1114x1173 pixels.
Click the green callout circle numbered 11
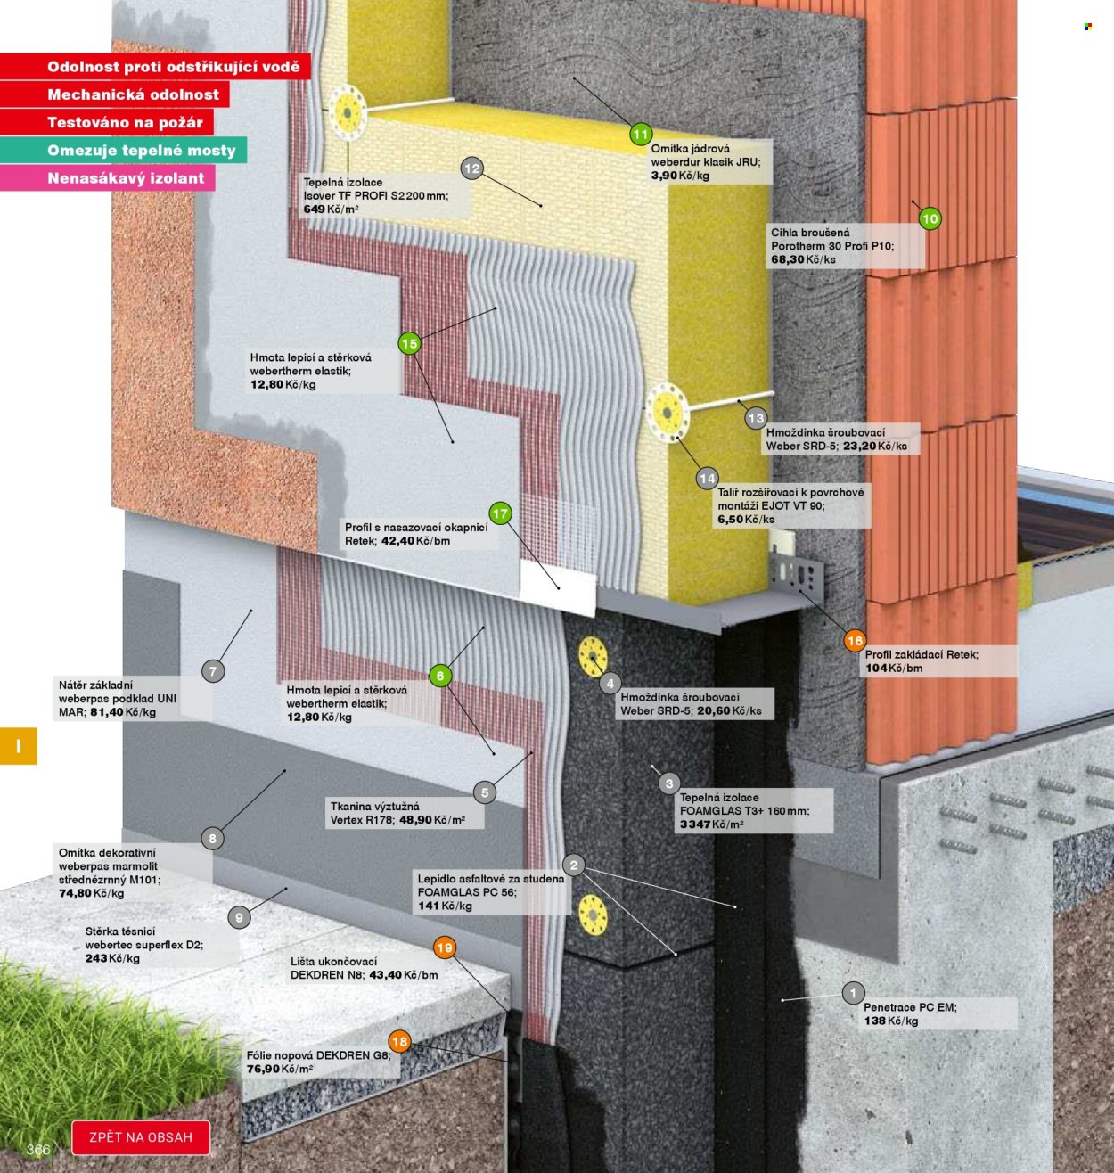click(x=641, y=135)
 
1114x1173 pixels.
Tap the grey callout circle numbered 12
click(x=472, y=168)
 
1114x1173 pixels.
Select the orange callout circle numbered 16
click(x=855, y=641)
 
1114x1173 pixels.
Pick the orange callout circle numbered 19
click(x=445, y=947)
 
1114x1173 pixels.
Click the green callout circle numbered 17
click(x=500, y=513)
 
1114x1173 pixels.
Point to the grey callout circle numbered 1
click(x=853, y=993)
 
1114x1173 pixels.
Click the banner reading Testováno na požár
click(x=107, y=123)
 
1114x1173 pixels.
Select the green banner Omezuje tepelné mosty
click(x=124, y=151)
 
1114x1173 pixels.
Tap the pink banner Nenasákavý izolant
click(x=108, y=177)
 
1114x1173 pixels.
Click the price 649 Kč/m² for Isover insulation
click(x=332, y=209)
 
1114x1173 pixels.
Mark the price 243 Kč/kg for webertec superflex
click(x=112, y=959)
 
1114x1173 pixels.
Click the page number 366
click(x=38, y=1150)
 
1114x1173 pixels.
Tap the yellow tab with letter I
click(x=19, y=746)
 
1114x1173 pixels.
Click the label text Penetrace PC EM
click(x=910, y=1007)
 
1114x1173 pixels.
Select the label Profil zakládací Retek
click(x=922, y=654)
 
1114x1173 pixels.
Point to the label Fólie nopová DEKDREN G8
click(x=319, y=1054)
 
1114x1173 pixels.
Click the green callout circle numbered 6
click(x=440, y=676)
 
